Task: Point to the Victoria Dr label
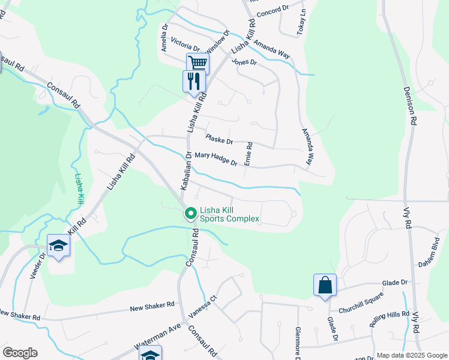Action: (185, 44)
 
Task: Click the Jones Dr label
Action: (244, 62)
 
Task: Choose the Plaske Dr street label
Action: (218, 140)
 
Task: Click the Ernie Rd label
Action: (249, 154)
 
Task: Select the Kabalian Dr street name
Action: (186, 171)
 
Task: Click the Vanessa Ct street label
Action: (201, 311)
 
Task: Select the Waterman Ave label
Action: (157, 340)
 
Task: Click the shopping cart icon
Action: (197, 62)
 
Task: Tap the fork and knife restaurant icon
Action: (193, 80)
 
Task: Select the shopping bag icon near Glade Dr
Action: (325, 284)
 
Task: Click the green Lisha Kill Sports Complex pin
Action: (191, 213)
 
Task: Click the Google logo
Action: (20, 353)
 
